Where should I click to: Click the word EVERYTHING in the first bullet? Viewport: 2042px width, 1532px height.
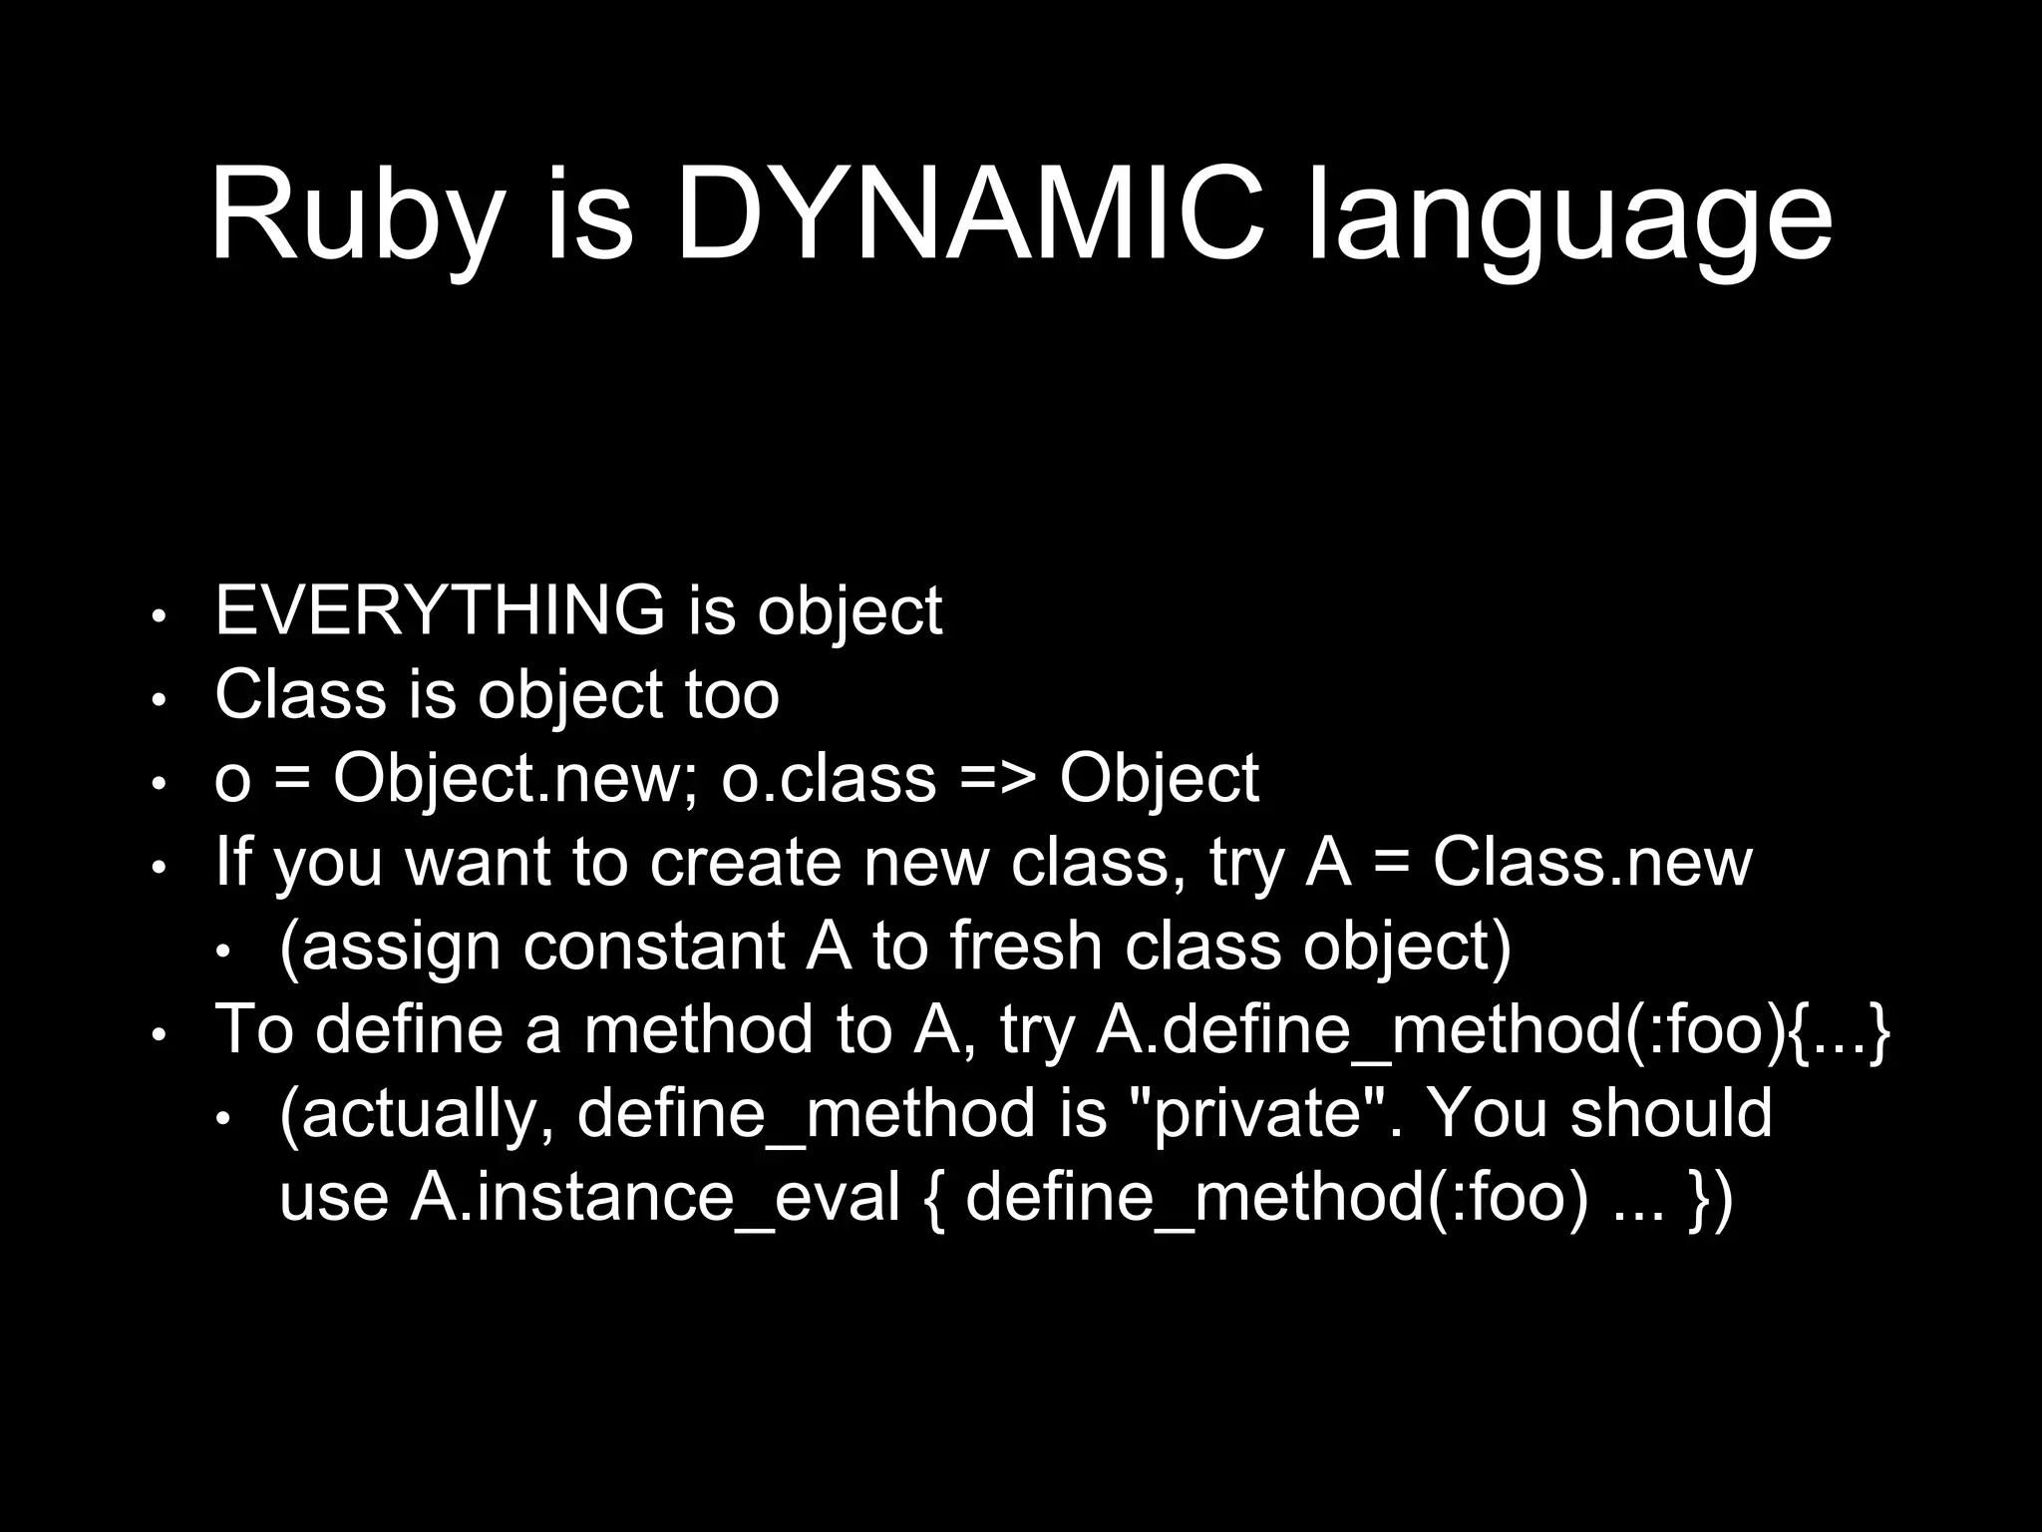(x=440, y=610)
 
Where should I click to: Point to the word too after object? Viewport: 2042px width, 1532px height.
(x=731, y=694)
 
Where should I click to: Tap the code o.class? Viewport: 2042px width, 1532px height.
(x=829, y=778)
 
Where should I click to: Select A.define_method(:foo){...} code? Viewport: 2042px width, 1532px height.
(x=1492, y=1029)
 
